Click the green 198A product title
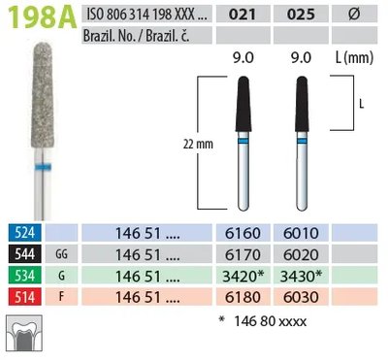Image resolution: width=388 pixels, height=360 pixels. (42, 17)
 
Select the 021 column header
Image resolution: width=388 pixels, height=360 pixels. (242, 15)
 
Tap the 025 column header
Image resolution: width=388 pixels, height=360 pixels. (301, 15)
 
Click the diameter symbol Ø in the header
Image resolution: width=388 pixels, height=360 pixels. (355, 14)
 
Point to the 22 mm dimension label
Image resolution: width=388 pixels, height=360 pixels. (198, 144)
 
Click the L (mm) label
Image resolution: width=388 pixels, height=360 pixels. (355, 58)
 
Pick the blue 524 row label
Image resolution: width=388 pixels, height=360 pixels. (25, 232)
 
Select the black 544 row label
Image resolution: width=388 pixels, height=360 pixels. (25, 254)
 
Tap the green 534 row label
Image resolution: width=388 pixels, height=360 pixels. (25, 276)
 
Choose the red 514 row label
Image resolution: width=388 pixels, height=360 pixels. (25, 297)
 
